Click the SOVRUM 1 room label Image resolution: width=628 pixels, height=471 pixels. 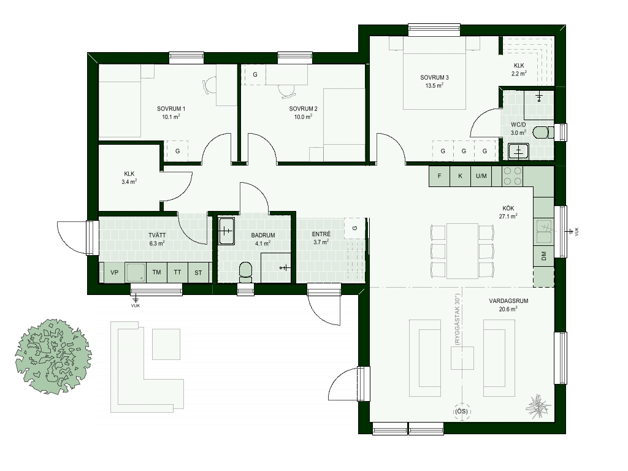pos(171,109)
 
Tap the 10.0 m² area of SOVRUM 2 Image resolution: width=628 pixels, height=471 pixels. pos(303,117)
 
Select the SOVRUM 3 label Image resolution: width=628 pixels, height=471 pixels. pos(434,77)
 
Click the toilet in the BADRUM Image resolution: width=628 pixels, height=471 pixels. pos(245,272)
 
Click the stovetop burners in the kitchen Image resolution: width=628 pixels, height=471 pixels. pos(513,176)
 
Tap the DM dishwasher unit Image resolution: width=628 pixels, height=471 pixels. pos(543,256)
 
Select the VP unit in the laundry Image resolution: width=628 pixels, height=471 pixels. pos(115,272)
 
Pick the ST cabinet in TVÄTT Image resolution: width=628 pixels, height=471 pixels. pos(198,272)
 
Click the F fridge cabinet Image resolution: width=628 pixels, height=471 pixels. pos(439,176)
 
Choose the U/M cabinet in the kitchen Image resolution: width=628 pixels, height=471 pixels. pos(481,176)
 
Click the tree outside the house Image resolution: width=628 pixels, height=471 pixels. pos(53,356)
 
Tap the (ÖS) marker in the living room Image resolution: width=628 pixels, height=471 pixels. pos(462,412)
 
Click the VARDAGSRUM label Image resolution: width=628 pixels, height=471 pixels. pos(508,301)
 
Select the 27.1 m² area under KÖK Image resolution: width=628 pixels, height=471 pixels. pos(508,216)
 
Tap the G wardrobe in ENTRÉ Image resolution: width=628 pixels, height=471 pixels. pos(355,228)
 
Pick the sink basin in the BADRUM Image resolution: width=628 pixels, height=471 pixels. pos(227,231)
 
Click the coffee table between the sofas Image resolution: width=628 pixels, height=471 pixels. pos(462,358)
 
